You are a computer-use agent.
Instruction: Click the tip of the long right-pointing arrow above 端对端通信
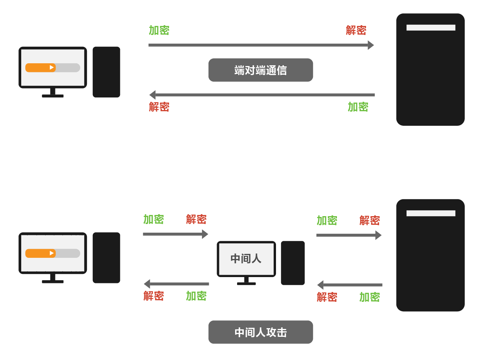tap(374, 45)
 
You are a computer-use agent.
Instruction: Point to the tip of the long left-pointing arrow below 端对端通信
tap(149, 95)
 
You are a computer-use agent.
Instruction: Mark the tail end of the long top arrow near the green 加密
tap(149, 45)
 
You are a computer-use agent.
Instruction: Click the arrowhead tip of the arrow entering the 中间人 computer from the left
tap(208, 234)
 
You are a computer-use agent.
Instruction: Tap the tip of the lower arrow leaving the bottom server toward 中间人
tap(317, 285)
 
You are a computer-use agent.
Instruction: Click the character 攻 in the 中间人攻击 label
tap(271, 332)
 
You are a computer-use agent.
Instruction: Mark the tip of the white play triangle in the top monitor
tap(54, 67)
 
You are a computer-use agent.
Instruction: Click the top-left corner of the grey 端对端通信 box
tap(209, 59)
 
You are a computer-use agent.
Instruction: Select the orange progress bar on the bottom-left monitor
tap(40, 253)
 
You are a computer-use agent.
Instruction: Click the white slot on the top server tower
tap(431, 28)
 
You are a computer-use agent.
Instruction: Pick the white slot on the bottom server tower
tap(431, 213)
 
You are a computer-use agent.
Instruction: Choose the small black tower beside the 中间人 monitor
tap(293, 263)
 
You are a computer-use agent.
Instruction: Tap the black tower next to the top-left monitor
tap(107, 72)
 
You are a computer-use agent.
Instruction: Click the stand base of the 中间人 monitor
tap(247, 284)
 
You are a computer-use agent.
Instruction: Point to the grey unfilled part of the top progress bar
tap(68, 68)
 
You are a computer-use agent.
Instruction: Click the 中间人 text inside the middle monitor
tap(246, 258)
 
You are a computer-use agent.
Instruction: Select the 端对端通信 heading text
tap(261, 70)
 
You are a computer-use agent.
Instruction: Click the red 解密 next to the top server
tap(356, 30)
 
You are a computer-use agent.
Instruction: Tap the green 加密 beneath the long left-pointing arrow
tap(358, 107)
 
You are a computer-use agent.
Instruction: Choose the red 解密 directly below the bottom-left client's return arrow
tap(154, 296)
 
